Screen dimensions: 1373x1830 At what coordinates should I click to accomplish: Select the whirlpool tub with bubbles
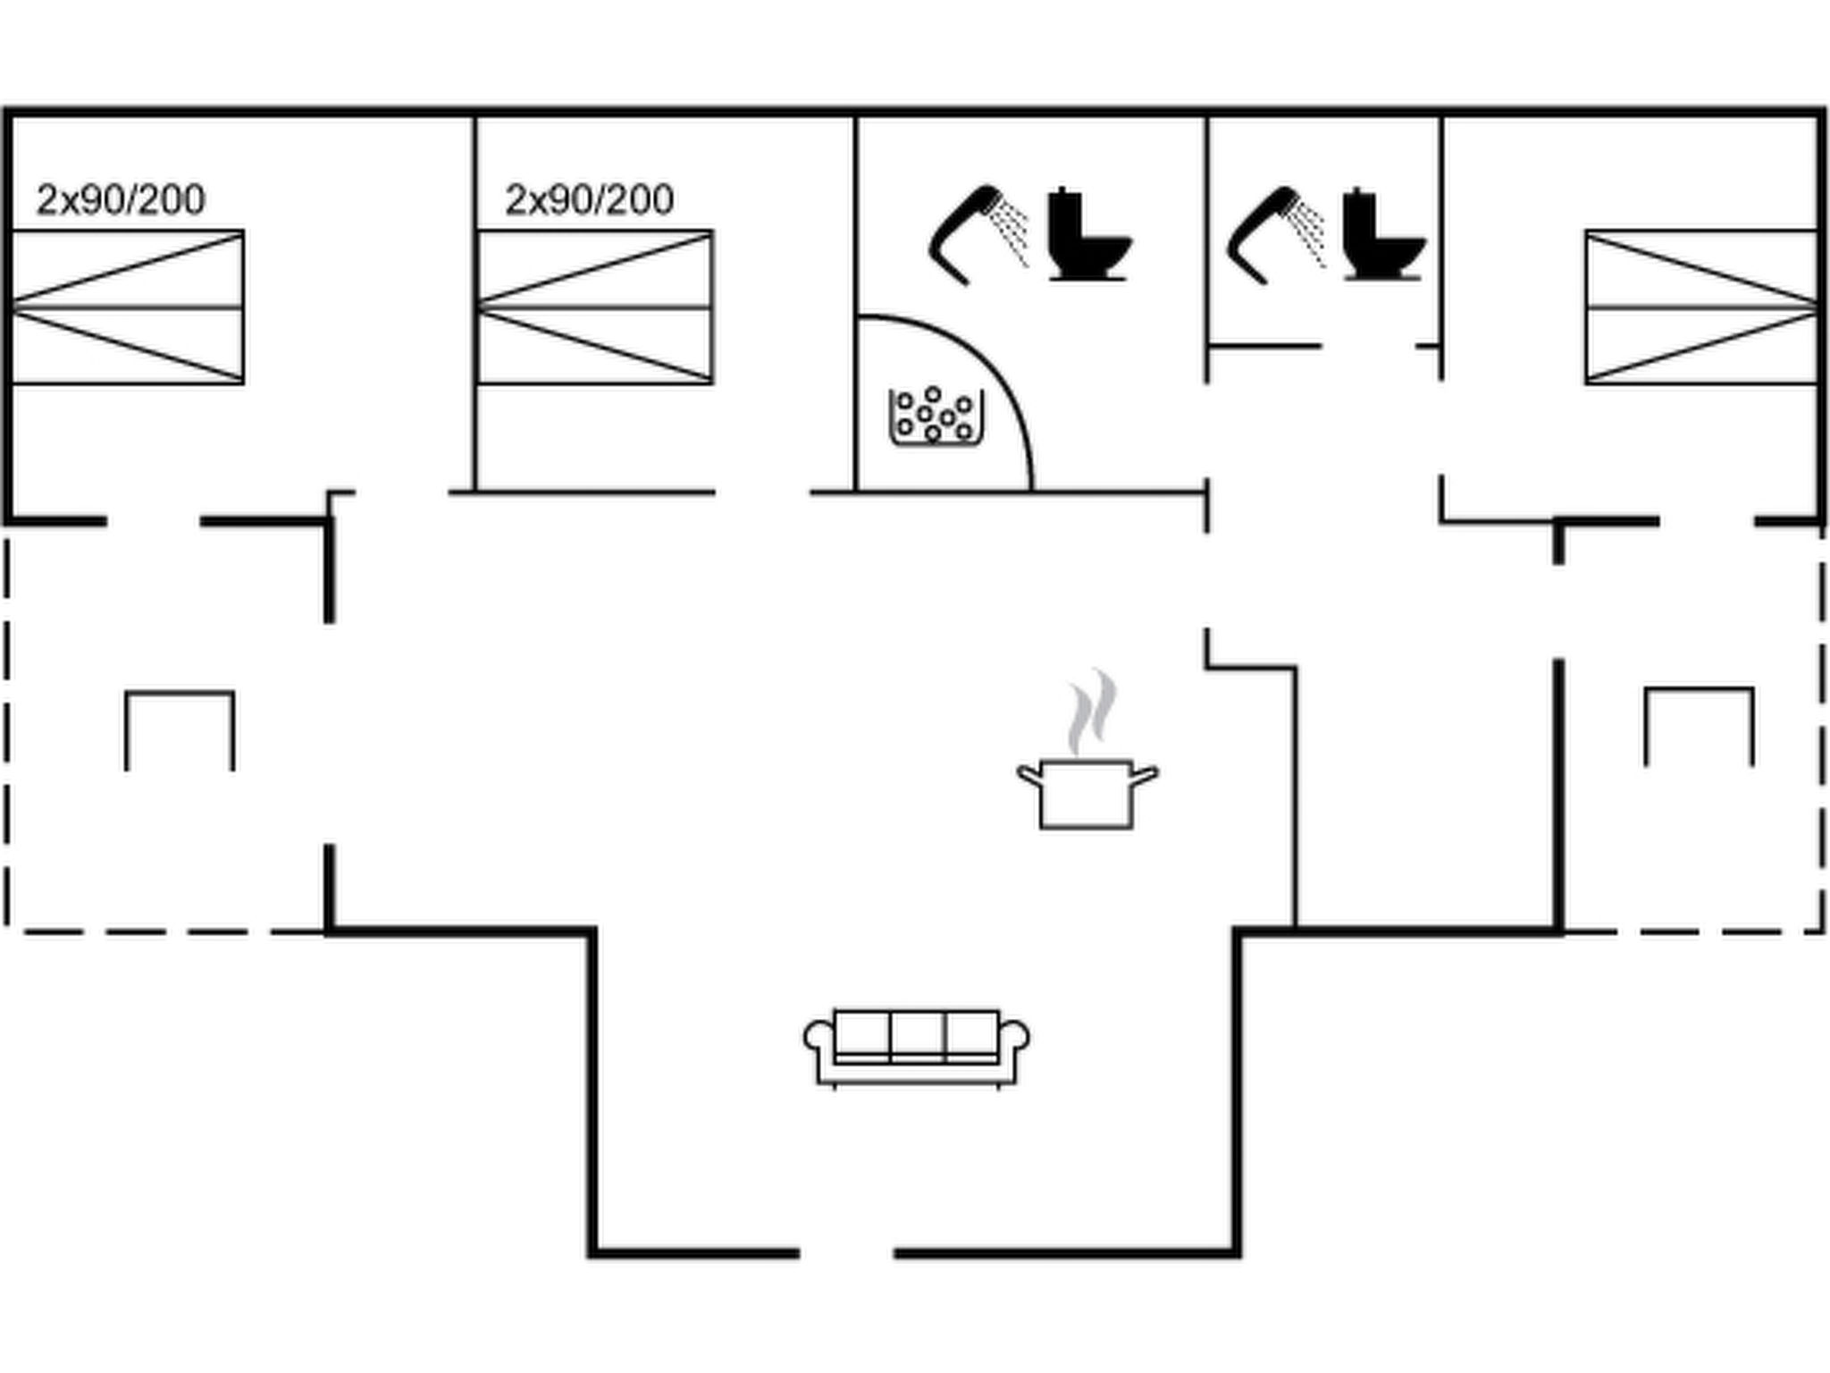tap(935, 417)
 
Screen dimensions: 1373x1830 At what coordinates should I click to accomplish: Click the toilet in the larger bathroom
tap(1087, 236)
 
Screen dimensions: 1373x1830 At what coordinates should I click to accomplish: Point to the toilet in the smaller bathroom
tap(1381, 236)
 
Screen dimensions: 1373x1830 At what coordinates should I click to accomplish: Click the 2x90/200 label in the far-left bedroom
tap(121, 200)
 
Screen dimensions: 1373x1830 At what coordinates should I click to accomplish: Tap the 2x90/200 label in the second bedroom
tap(589, 200)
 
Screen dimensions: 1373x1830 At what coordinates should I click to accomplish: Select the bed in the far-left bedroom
tap(128, 307)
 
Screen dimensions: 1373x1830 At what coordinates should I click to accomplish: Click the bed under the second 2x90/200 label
tap(595, 307)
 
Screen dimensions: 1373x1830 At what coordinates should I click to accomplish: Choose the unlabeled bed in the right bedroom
tap(1701, 307)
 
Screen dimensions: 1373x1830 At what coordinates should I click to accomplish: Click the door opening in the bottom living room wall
tap(846, 1253)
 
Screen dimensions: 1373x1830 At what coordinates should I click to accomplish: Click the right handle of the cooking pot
tap(1145, 775)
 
